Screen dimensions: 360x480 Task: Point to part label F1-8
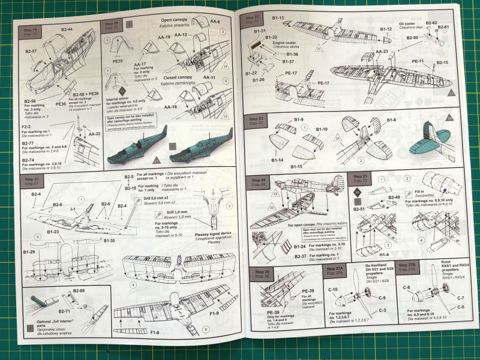155,332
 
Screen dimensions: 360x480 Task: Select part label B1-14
278,160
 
